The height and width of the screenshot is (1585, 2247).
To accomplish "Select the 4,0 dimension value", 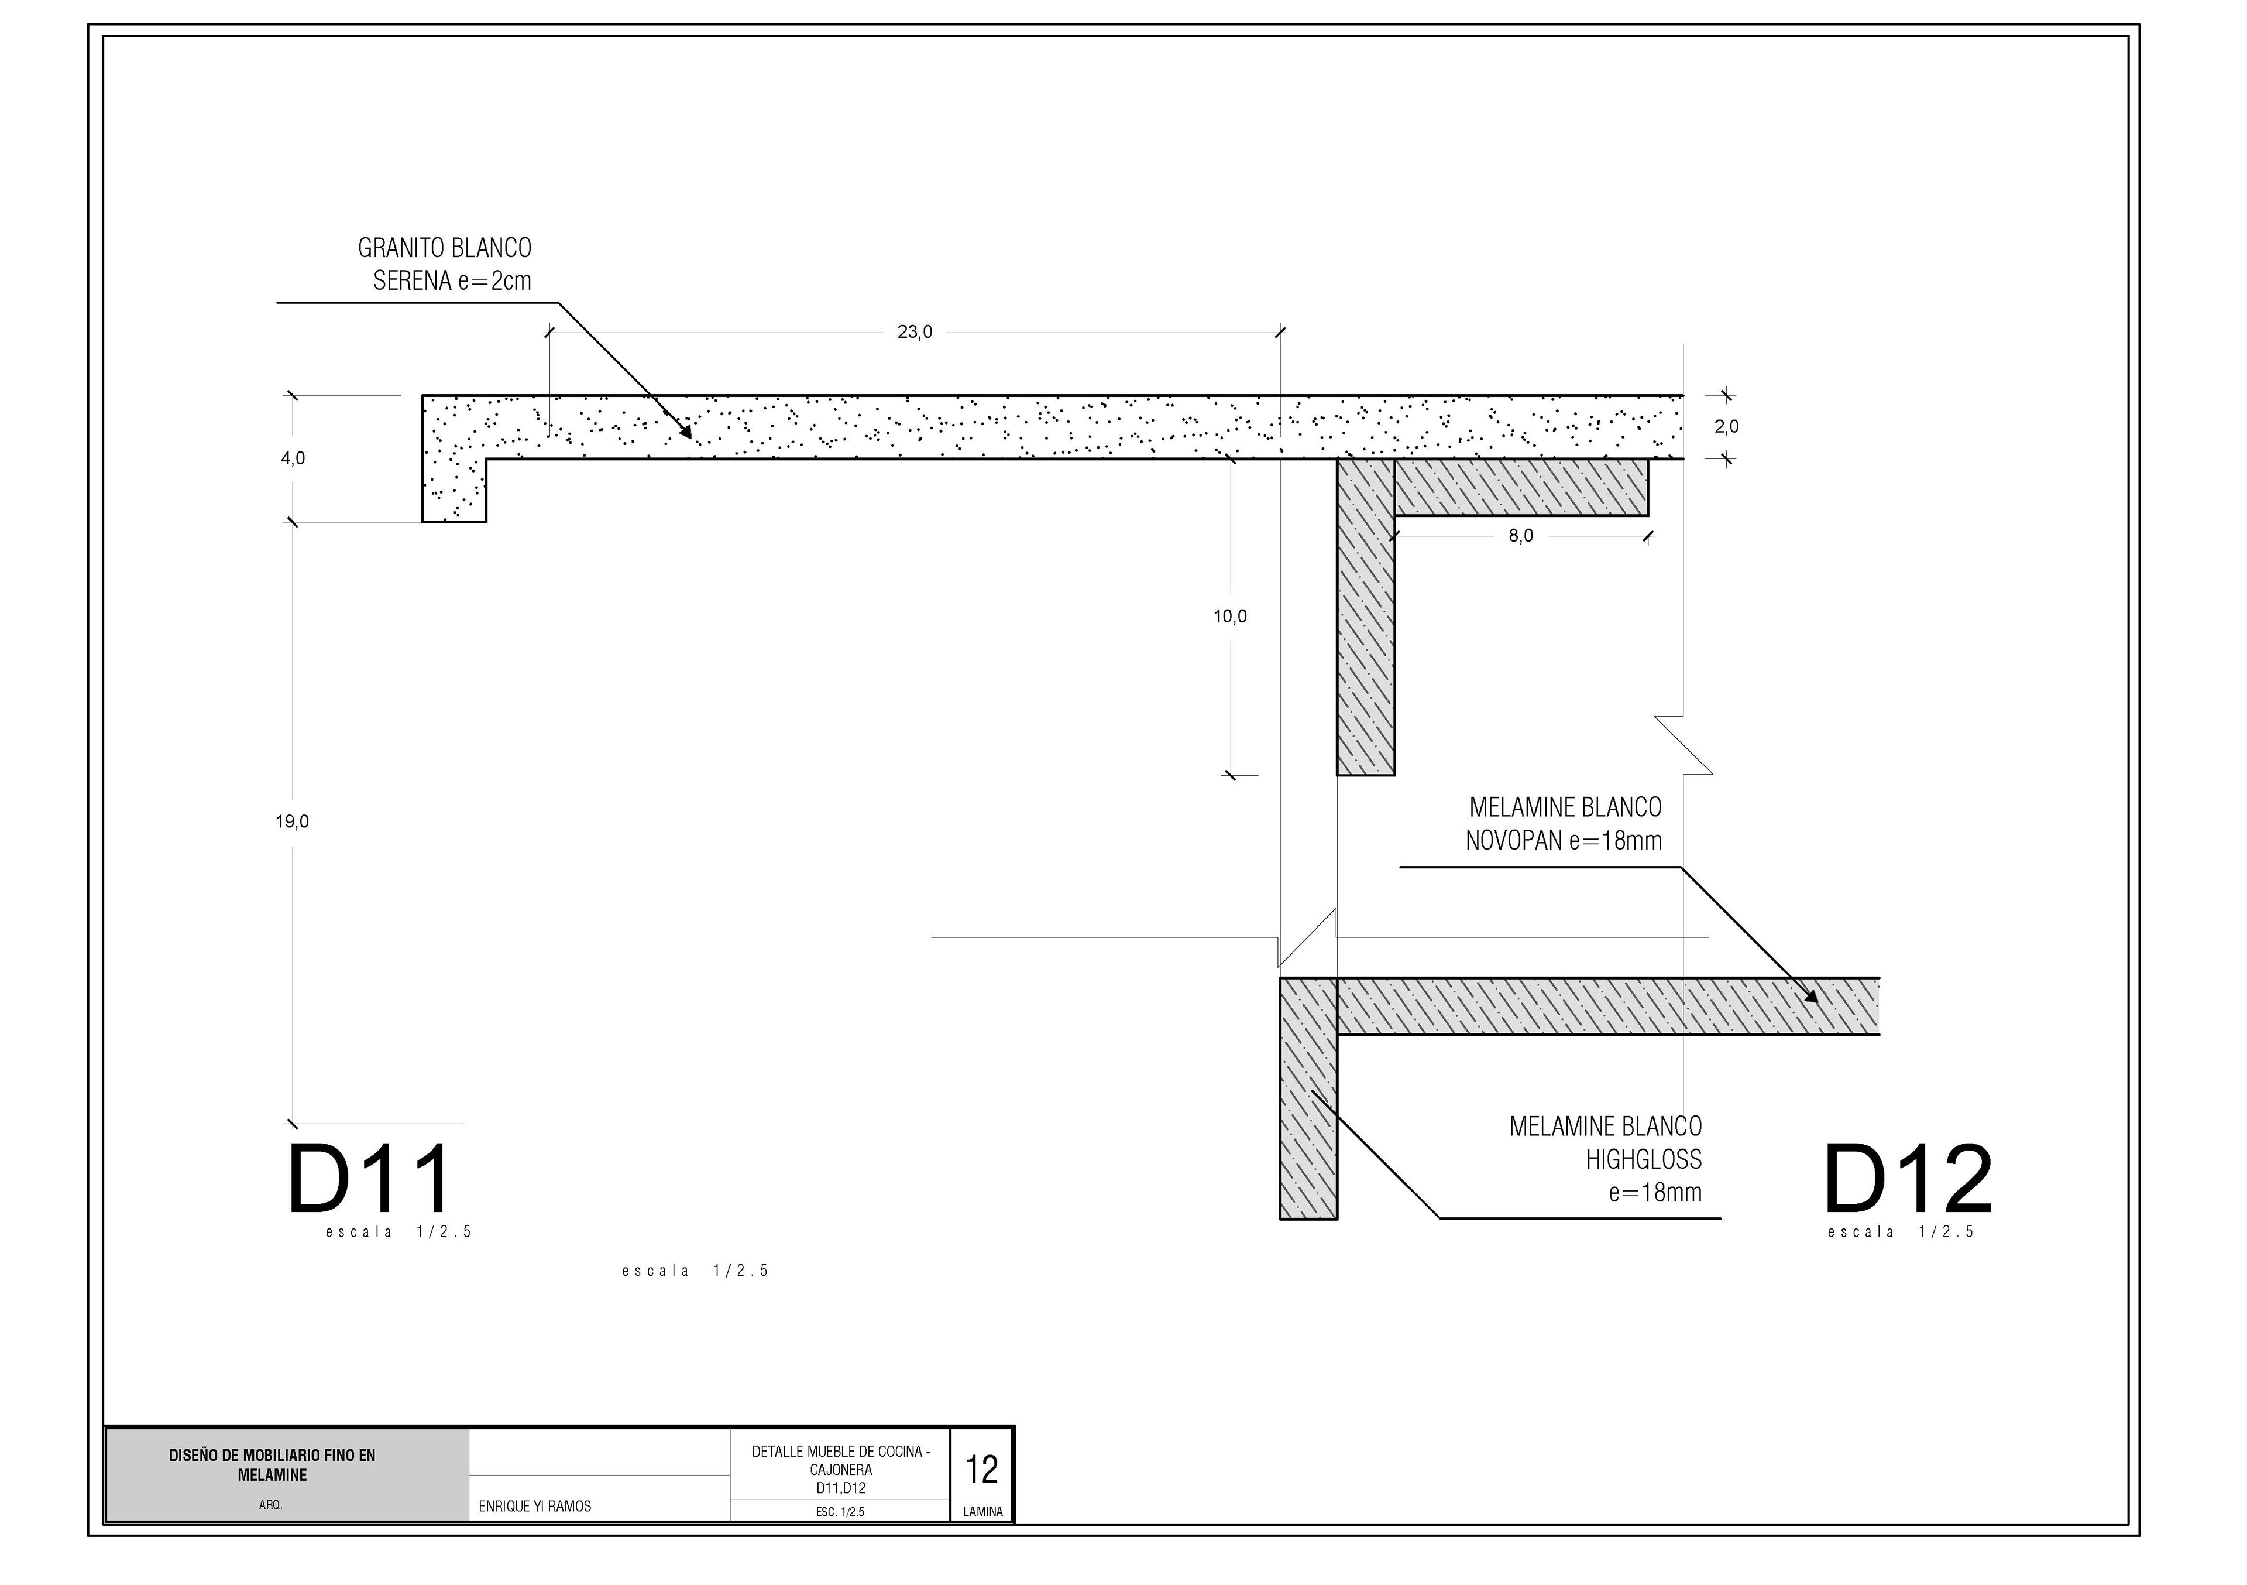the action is [293, 458].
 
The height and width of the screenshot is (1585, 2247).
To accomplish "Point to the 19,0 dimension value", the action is [291, 821].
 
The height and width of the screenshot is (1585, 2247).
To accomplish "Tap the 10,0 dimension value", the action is [1230, 617].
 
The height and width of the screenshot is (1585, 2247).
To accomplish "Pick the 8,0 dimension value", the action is [1521, 536].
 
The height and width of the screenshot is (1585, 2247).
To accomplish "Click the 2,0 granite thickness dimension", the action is [1726, 427].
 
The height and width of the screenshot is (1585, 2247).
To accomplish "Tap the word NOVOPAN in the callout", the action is [1513, 840].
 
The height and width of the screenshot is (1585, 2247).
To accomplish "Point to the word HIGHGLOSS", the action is [1644, 1159].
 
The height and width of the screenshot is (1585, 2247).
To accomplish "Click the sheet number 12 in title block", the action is [981, 1470].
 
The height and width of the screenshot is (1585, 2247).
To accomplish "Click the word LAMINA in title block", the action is [982, 1512].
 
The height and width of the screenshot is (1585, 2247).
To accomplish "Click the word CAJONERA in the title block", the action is [841, 1470].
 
